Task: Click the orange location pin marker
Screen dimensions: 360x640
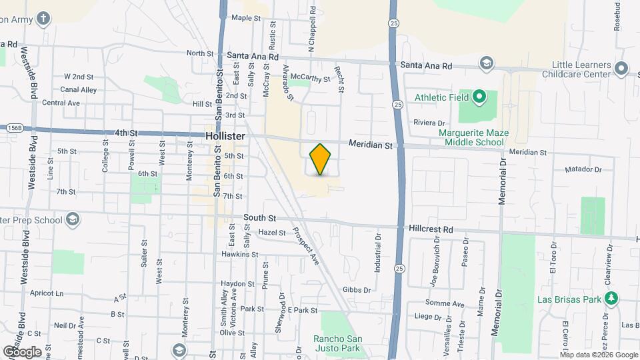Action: coord(321,159)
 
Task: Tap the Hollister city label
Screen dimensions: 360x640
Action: coord(226,135)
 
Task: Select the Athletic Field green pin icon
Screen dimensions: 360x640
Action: coord(479,98)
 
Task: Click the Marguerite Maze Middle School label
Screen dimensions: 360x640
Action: coord(473,137)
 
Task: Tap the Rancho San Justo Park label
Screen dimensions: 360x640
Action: coord(337,343)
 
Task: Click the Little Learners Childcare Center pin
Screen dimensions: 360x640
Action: coord(621,68)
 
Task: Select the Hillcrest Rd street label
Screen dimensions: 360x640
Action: coord(432,229)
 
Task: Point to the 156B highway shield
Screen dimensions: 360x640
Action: coord(15,127)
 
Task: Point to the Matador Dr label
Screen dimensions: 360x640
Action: coord(583,169)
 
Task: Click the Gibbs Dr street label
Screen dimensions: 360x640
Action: coord(356,289)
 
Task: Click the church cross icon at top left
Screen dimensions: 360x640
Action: coord(43,17)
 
